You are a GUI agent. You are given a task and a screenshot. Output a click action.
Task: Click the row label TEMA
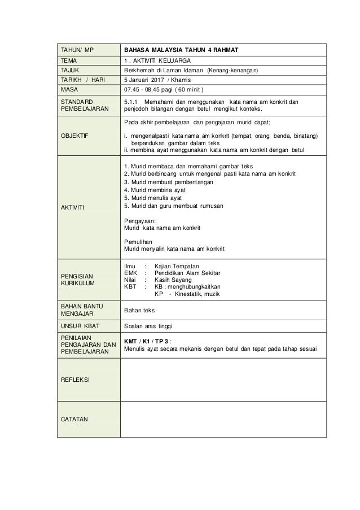tap(71, 60)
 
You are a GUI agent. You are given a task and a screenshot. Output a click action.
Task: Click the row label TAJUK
tap(72, 70)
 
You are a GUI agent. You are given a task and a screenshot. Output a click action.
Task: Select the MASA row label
tap(71, 89)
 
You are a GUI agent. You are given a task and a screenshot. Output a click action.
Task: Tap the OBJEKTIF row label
tap(77, 136)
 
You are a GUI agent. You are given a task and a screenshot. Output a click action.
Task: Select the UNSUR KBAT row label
tap(82, 326)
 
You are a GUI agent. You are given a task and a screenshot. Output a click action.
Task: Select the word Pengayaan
tap(139, 221)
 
